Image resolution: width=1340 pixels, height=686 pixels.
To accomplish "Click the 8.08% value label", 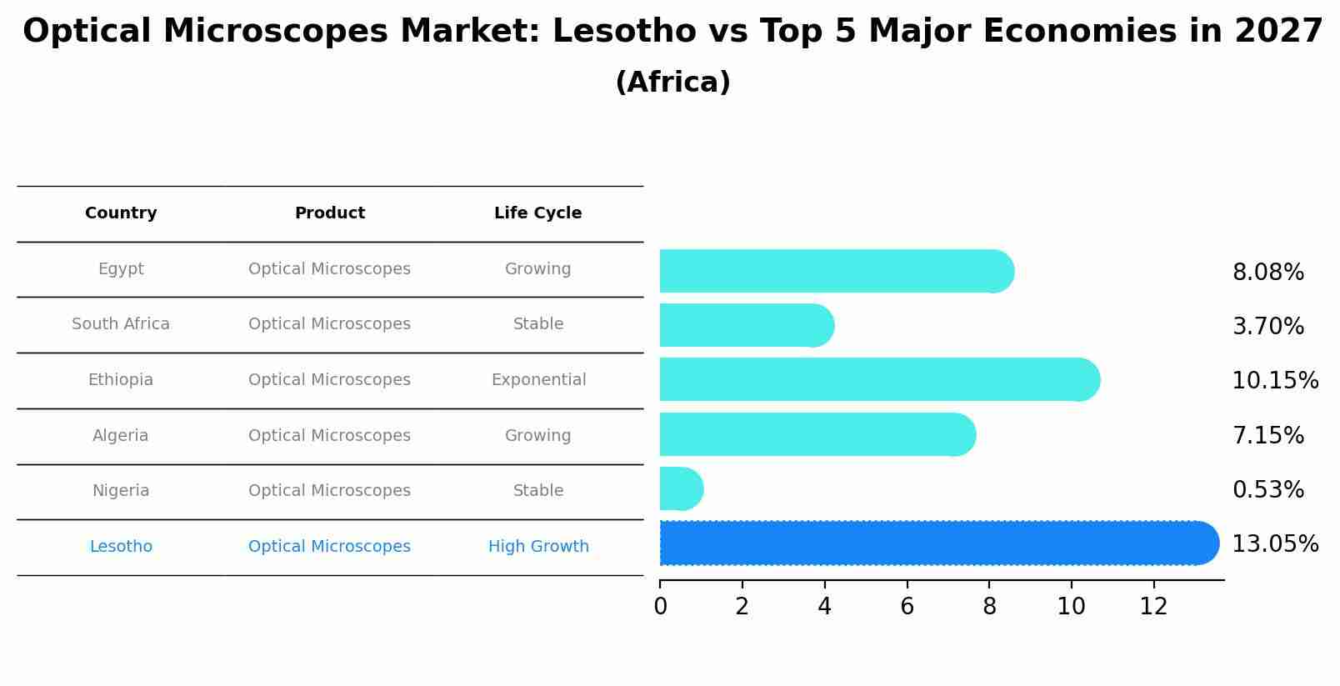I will tap(1267, 273).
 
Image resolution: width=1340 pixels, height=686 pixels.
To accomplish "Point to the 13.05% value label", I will tap(1274, 544).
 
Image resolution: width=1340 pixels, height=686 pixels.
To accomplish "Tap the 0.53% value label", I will tap(1267, 490).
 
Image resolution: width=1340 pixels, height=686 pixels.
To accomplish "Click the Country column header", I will tap(121, 213).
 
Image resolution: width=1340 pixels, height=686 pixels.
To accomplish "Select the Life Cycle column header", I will tap(537, 213).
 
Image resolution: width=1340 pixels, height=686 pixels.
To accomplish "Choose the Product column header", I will tap(329, 213).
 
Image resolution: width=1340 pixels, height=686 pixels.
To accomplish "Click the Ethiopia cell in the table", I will tap(121, 380).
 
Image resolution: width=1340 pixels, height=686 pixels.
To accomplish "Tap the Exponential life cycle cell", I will tap(538, 380).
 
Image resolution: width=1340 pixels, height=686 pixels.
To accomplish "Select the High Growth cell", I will tap(538, 547).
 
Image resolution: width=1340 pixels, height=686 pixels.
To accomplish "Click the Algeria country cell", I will tap(121, 436).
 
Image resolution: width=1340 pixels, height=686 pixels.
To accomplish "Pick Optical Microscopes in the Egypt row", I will tap(329, 269).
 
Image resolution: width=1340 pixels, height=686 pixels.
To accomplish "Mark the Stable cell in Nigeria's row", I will tap(538, 491).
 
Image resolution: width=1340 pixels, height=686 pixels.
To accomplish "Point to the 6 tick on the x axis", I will tap(907, 607).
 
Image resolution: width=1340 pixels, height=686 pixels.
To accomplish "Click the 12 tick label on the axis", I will tap(1153, 607).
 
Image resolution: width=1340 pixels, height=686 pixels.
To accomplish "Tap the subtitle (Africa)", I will tap(672, 83).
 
